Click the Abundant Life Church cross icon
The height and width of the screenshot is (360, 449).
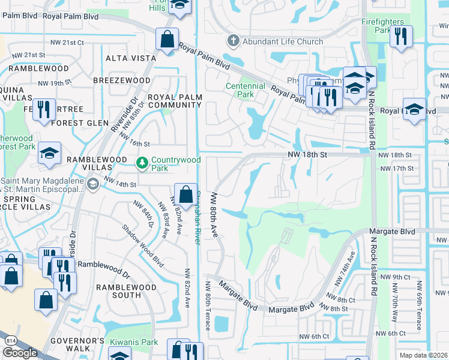232,41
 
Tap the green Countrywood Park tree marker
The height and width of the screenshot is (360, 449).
142,162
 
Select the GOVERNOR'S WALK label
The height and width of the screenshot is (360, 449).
71,344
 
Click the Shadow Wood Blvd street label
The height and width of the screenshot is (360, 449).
134,245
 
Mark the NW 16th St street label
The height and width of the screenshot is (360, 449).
134,144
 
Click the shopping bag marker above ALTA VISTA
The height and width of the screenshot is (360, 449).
167,40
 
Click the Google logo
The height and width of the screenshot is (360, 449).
20,353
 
